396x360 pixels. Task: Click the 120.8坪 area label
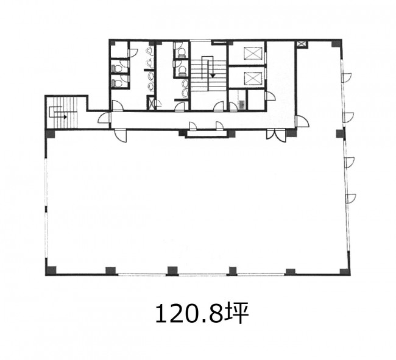coord(202,313)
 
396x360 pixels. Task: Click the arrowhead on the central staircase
coord(213,76)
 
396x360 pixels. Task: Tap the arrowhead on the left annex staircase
coord(65,117)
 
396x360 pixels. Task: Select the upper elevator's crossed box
coord(253,54)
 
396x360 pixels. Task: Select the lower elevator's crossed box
coord(253,78)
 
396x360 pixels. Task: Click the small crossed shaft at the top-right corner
coord(301,44)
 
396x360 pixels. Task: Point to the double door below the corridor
coord(276,135)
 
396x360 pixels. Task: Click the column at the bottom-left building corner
coord(51,270)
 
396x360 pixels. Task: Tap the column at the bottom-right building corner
coord(344,272)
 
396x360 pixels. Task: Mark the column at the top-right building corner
coord(337,43)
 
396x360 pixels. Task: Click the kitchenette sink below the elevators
coord(242,105)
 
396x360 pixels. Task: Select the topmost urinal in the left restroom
coord(149,51)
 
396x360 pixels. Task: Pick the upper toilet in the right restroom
coord(180,52)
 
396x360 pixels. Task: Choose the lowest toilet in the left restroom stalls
coord(116,83)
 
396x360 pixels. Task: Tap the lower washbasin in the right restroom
coord(185,93)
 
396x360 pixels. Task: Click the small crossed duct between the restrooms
coord(150,104)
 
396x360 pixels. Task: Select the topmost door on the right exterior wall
coord(346,78)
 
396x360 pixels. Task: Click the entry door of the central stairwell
coord(219,107)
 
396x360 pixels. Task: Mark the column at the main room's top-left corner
coord(51,134)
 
